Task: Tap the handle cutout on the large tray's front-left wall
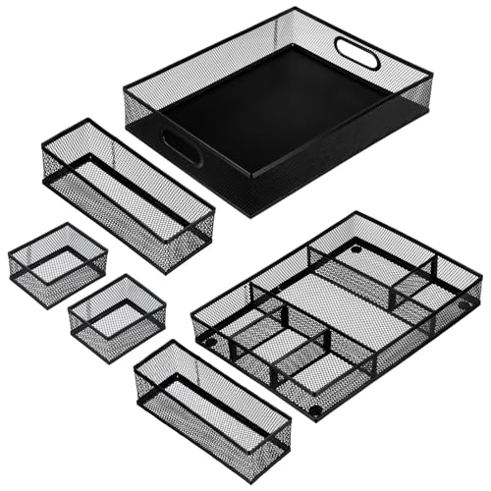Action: point(183,146)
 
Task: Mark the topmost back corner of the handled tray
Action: point(295,9)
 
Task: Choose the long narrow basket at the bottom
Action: point(211,408)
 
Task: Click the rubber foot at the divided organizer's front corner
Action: point(315,409)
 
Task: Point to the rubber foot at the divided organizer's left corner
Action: point(210,342)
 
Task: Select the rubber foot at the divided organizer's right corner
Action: point(464,305)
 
